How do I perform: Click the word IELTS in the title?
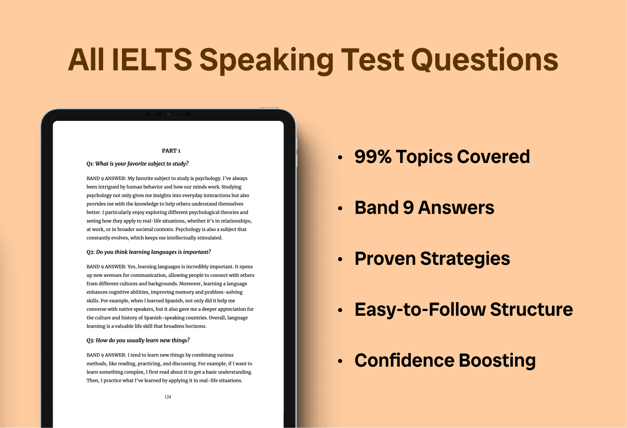tap(152, 60)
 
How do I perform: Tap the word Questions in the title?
tap(484, 60)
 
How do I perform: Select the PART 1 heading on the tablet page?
tap(171, 151)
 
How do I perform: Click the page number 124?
tap(168, 397)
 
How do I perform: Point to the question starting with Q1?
tap(137, 163)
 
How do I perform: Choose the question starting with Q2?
tap(149, 252)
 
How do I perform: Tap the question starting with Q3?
tap(138, 340)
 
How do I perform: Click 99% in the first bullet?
tap(373, 156)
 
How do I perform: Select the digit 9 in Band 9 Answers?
tap(408, 208)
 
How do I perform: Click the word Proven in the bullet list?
tap(385, 258)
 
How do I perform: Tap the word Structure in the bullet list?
tap(531, 309)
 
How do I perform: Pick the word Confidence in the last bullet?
tap(405, 360)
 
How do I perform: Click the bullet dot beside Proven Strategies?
tap(340, 259)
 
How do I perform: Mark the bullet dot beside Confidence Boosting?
tap(340, 361)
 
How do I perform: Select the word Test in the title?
tap(372, 60)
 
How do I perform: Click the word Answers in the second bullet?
tap(456, 208)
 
